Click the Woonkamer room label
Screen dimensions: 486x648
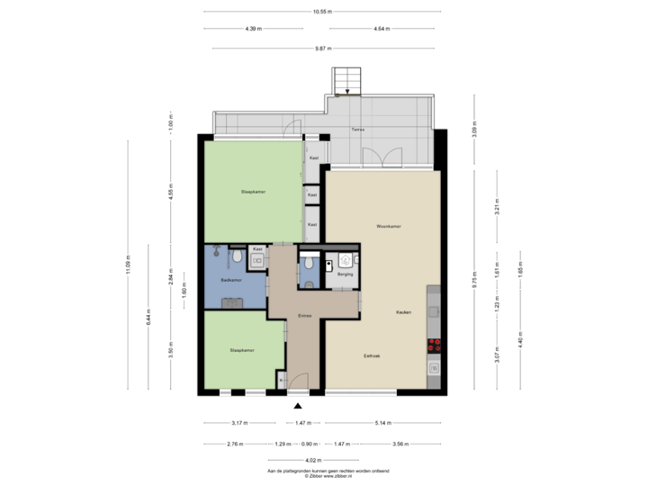tap(389, 226)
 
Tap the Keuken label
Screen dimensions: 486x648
tap(403, 312)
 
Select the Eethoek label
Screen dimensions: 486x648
tap(372, 356)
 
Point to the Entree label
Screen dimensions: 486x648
tap(305, 317)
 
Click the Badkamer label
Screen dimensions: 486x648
tap(230, 280)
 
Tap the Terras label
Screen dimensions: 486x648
tap(358, 130)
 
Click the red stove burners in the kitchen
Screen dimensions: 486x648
tap(435, 343)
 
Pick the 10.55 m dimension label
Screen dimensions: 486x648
tap(322, 12)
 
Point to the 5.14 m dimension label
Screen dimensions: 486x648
tap(383, 422)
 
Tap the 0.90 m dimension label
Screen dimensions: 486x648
tap(309, 444)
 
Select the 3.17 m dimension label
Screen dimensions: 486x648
tap(240, 422)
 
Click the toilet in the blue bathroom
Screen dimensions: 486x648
tap(236, 258)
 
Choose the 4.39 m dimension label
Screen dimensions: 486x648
tap(253, 29)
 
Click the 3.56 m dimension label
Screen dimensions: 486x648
tap(400, 444)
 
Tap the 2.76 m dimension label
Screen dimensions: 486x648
tap(236, 444)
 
